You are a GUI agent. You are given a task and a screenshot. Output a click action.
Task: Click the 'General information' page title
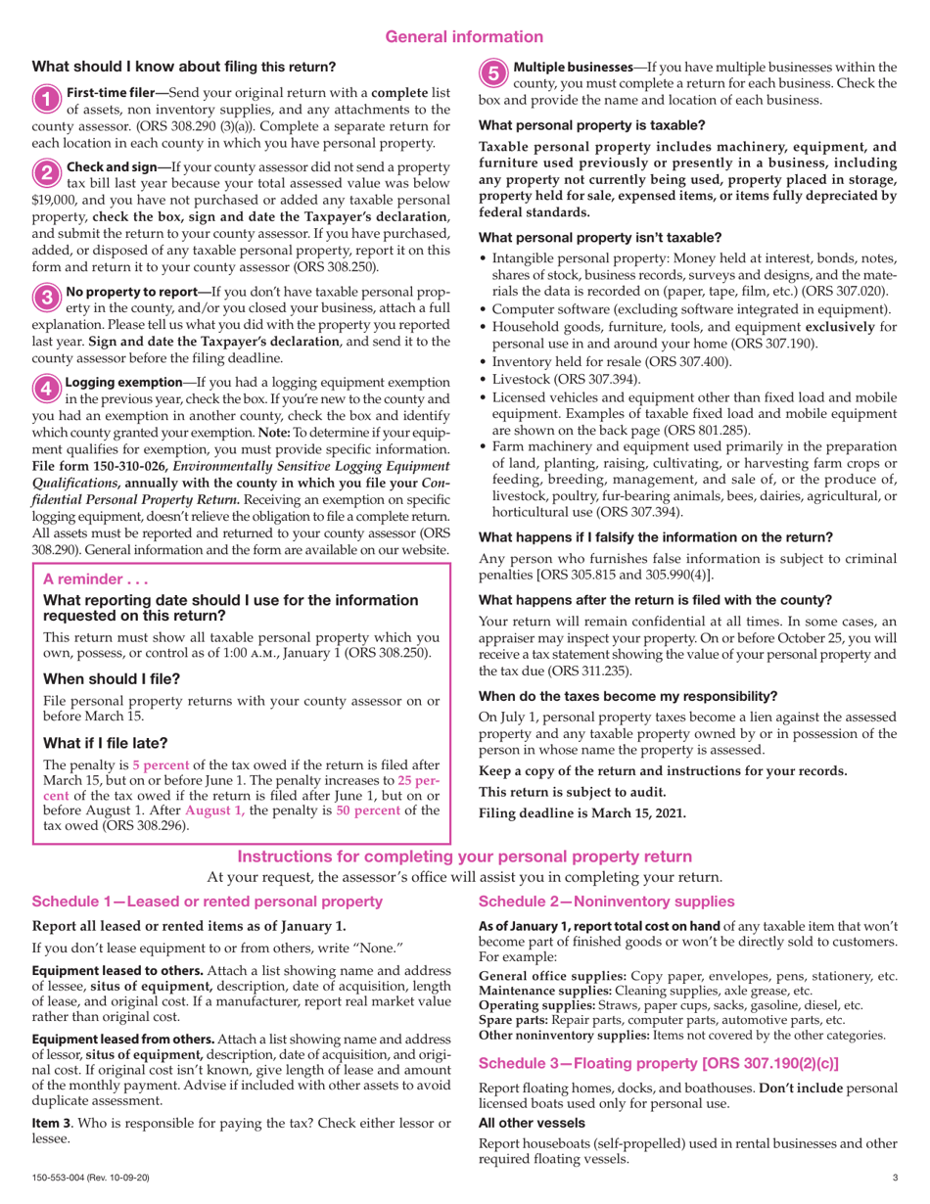[x=464, y=37]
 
